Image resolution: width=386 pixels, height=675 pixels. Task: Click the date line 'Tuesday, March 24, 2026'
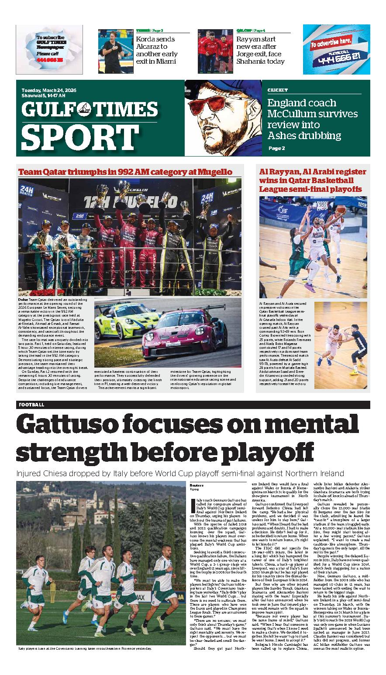(x=49, y=90)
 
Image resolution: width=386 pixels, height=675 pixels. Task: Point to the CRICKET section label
(x=278, y=90)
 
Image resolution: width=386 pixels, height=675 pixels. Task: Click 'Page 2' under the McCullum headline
(x=276, y=148)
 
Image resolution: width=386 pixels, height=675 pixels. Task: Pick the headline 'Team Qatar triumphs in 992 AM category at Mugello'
(x=125, y=171)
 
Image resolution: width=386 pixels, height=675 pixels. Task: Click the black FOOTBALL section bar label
(x=31, y=405)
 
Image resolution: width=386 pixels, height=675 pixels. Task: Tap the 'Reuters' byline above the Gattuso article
(x=197, y=485)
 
